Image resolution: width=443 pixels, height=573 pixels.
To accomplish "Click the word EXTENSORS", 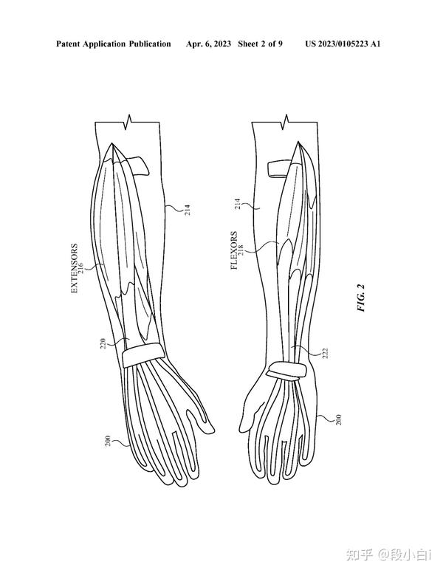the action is click(x=74, y=270).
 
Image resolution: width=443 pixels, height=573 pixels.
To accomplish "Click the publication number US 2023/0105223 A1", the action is click(x=343, y=44).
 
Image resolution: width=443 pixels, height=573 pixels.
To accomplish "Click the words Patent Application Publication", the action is click(x=113, y=44).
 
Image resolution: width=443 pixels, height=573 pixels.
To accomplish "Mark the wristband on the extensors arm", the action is click(x=142, y=355).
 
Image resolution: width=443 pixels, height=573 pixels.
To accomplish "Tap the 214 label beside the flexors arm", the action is click(x=238, y=205).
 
